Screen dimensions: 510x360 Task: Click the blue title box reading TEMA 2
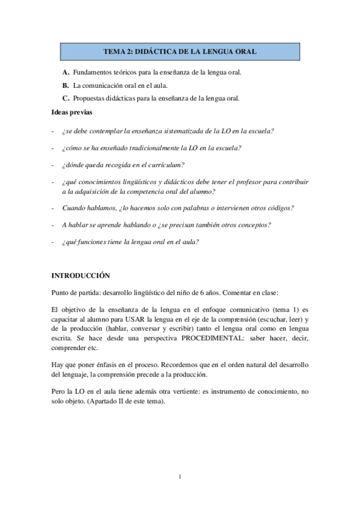pos(180,52)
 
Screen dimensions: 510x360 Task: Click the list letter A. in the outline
pos(66,72)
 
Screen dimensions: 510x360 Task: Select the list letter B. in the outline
pos(66,85)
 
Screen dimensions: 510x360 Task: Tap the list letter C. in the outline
pos(66,98)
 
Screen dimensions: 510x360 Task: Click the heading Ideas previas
pos(72,112)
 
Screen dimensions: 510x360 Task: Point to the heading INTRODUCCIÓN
pos(81,275)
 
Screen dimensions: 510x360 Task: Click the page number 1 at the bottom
pos(180,477)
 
